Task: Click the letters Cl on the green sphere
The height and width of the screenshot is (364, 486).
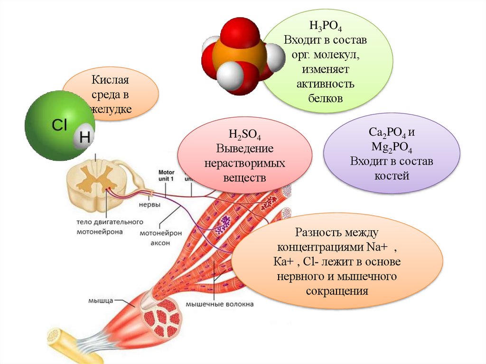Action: point(59,125)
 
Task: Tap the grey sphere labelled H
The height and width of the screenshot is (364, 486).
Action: point(84,137)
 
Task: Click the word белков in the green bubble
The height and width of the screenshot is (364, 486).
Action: point(325,98)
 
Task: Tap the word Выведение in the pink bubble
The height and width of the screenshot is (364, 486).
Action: point(245,149)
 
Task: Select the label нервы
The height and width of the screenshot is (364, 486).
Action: point(149,205)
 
